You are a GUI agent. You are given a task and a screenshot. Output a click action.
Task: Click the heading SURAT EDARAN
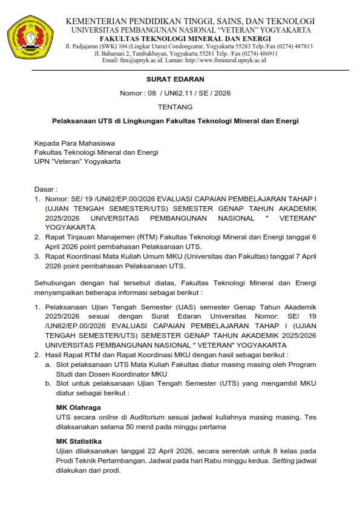pos(175,79)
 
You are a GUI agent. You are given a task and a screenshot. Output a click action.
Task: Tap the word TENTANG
pos(175,107)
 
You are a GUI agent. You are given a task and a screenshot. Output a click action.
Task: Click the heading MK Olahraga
pos(79,407)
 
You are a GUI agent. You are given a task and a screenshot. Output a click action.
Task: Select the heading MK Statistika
pos(79,441)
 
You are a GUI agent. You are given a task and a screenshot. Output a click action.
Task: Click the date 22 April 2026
pos(172,451)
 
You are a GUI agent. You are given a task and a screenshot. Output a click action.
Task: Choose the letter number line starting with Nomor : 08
pos(175,93)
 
